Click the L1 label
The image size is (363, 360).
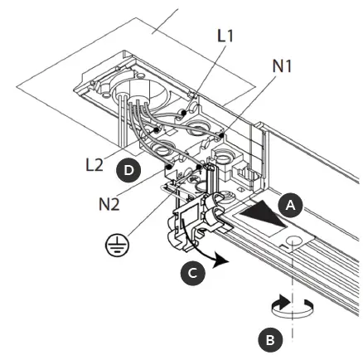(225, 36)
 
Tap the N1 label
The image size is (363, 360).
(282, 66)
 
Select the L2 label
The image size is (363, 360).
(95, 164)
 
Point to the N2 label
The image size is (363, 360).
(109, 202)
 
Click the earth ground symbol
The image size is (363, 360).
(114, 245)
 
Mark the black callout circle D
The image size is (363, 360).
(128, 170)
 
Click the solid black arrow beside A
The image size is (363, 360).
(261, 212)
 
